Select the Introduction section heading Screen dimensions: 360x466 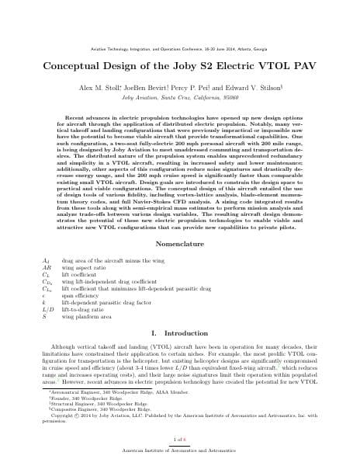pyautogui.click(x=179, y=332)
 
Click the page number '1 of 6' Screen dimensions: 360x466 pyautogui.click(x=179, y=439)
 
